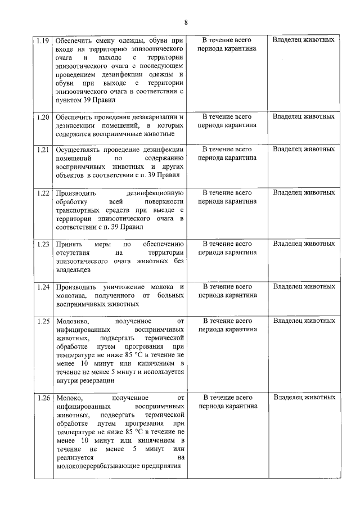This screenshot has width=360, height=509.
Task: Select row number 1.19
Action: click(x=43, y=40)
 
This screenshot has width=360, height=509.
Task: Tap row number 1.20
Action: click(x=43, y=117)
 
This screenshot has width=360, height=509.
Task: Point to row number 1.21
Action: click(x=43, y=150)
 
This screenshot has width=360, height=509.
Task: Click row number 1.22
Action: click(x=43, y=193)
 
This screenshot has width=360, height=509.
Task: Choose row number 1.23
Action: click(x=43, y=244)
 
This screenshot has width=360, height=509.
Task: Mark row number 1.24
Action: click(x=43, y=287)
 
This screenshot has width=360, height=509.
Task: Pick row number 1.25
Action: click(x=43, y=321)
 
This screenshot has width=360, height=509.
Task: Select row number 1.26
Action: click(x=43, y=398)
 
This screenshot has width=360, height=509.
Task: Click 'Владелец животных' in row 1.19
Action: click(x=304, y=40)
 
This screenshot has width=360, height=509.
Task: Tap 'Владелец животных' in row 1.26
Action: click(x=304, y=398)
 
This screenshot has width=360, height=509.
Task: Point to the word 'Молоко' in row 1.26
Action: click(x=69, y=398)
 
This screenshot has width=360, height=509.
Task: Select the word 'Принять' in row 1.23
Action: click(x=69, y=244)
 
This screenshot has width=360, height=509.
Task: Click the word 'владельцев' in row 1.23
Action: click(x=74, y=270)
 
